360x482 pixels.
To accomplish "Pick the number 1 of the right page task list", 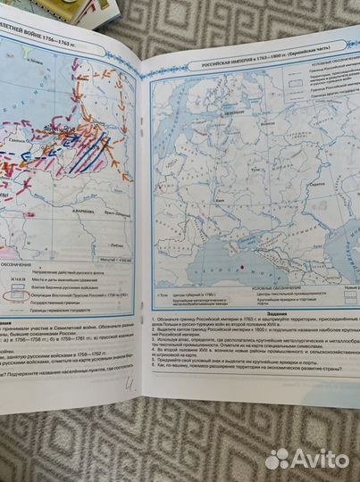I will [x=154, y=319].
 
